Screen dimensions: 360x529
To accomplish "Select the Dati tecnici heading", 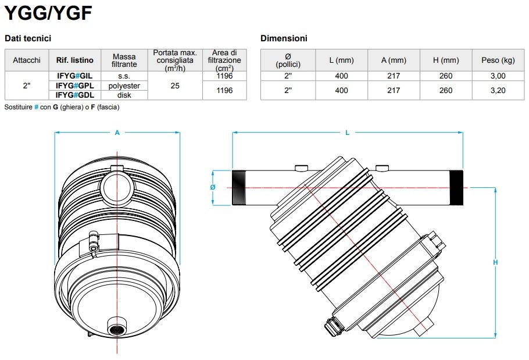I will coord(28,38).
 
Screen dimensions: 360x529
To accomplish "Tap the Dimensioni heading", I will coord(284,38).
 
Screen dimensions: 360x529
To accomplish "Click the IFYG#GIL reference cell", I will coord(74,76).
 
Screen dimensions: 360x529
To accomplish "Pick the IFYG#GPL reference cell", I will coord(74,85).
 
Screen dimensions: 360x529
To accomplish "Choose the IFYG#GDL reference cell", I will coord(74,95).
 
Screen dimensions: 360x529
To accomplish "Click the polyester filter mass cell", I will coord(124,85).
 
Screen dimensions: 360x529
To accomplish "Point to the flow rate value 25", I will coord(174,85).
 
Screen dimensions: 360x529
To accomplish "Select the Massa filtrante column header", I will coord(124,60).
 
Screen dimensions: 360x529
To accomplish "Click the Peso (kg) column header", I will coord(498,60).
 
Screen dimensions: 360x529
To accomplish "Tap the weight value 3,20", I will coord(498,90).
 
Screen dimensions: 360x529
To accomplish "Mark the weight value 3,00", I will coord(498,76).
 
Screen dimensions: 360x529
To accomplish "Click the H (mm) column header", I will coord(446,60).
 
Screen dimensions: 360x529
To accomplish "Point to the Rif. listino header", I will coord(74,60).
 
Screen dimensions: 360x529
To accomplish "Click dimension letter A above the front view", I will coord(117,133).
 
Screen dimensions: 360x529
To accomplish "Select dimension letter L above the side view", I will coord(347,133).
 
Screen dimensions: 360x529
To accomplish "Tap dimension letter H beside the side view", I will coord(495,262).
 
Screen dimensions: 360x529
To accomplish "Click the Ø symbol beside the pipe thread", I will coord(213,187).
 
